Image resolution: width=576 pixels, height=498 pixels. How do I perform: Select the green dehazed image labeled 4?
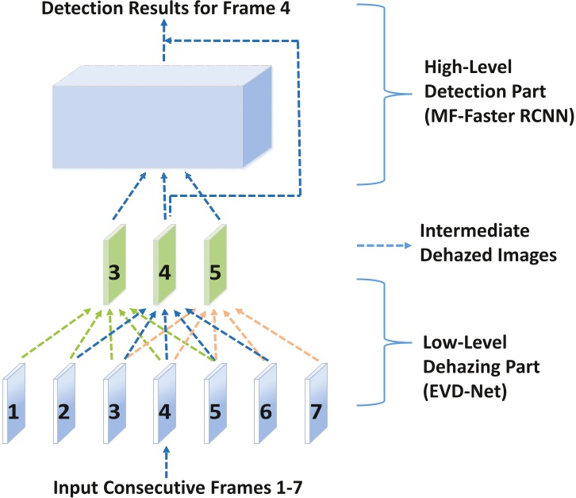pos(165,266)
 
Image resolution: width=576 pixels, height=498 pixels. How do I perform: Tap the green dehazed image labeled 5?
pos(215,266)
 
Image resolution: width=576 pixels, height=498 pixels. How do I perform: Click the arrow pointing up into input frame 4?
pos(166,461)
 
